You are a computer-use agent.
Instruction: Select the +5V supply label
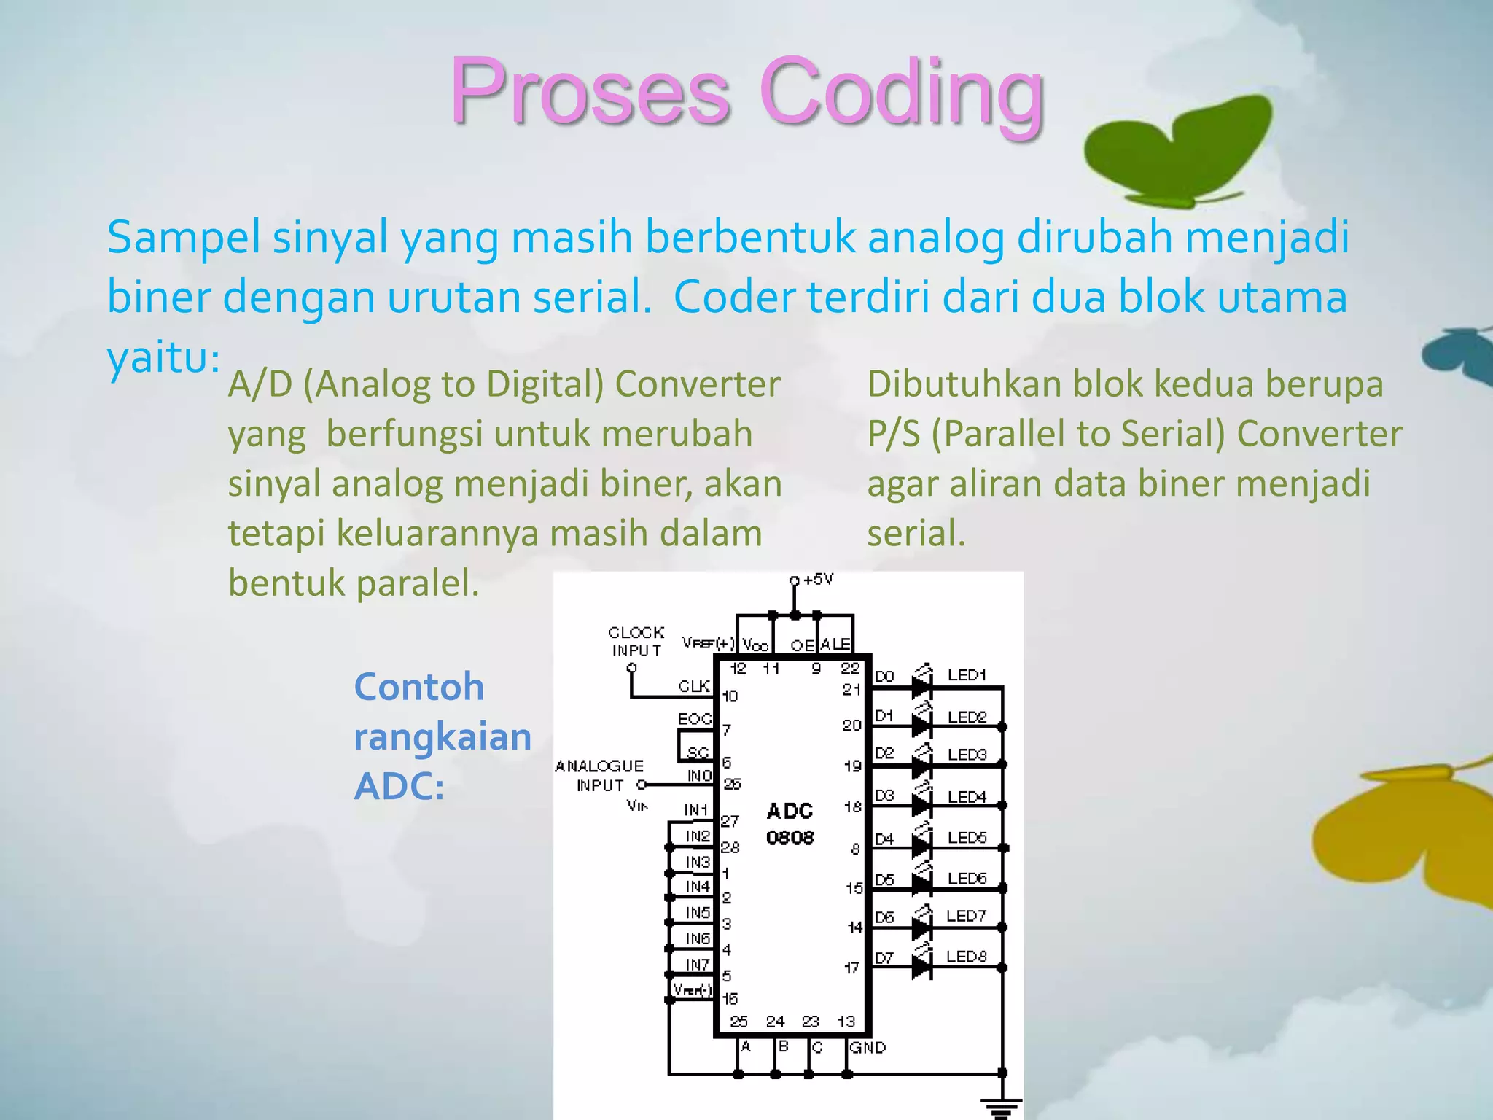(x=818, y=580)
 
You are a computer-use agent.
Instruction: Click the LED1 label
(x=966, y=675)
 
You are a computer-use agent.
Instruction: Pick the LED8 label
(x=966, y=956)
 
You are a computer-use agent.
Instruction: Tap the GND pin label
(x=868, y=1048)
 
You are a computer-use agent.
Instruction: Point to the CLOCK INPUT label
(x=636, y=641)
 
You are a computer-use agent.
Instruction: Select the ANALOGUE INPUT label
(x=599, y=775)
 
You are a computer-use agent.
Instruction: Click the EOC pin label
(x=693, y=719)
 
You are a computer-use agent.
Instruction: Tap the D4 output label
(x=884, y=839)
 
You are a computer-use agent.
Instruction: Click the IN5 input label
(x=697, y=912)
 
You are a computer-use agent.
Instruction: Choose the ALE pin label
(x=835, y=645)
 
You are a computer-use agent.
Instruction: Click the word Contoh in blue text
(x=418, y=687)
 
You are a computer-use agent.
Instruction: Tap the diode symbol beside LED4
(x=921, y=805)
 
